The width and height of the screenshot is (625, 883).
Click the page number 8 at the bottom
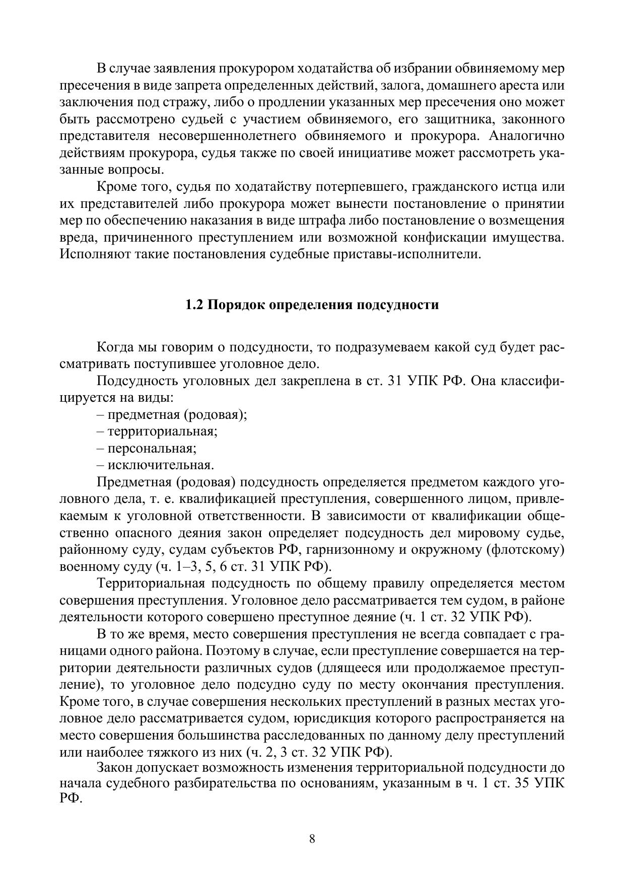[x=312, y=839]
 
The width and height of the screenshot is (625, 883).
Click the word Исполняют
[x=95, y=254]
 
